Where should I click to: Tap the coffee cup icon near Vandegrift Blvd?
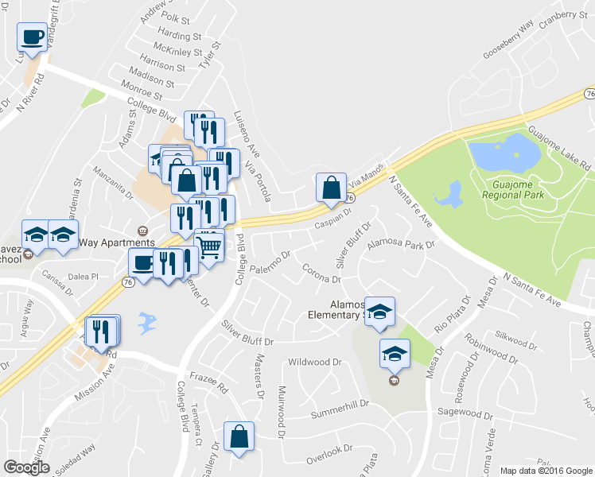pos(33,38)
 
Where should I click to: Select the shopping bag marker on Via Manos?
pos(330,188)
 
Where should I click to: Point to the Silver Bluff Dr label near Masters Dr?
pos(247,333)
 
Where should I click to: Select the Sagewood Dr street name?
pos(466,413)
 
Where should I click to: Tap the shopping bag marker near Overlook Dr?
pos(239,437)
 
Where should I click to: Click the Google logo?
pos(26,467)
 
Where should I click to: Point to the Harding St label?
pos(179,36)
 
